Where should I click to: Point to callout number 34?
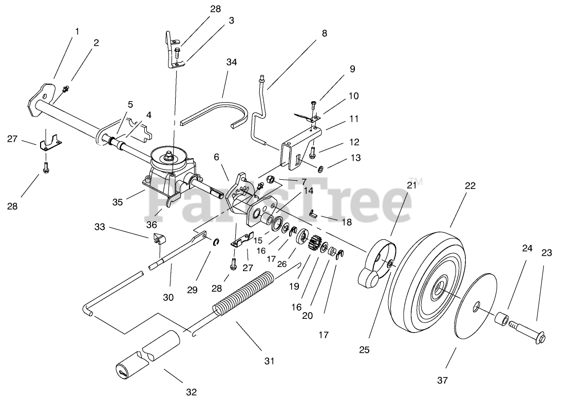pyautogui.click(x=232, y=63)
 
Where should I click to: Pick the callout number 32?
pyautogui.click(x=191, y=392)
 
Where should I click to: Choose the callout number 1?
pyautogui.click(x=77, y=31)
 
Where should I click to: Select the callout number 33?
pyautogui.click(x=100, y=226)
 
